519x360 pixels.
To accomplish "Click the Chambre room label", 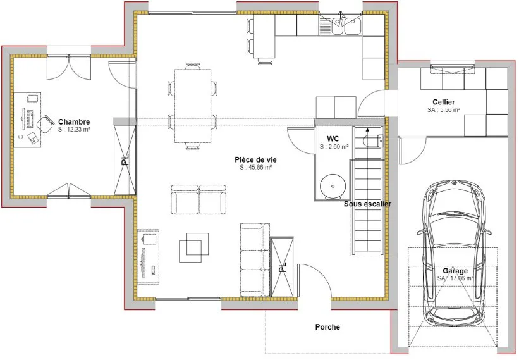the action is pos(74,122).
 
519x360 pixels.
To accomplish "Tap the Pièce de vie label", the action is pos(255,159).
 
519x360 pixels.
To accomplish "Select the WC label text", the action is pos(333,139).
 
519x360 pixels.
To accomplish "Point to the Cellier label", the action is pos(444,102).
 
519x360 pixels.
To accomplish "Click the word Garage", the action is pos(455,271).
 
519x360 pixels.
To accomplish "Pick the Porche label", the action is pos(327,327).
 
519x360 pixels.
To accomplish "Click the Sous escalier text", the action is pos(367,204).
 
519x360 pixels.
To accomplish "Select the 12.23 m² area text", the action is pos(78,130).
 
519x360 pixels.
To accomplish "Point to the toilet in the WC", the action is pos(373,140).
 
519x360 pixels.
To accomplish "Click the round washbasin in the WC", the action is pos(333,187).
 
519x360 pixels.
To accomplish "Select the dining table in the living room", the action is pos(193,106).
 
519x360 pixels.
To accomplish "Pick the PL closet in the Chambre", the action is pos(125,160).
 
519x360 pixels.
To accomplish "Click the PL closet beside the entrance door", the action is pos(282,267).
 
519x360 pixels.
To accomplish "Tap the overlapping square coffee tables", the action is pos(194,247).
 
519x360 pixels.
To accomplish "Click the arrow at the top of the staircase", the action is pos(367,130).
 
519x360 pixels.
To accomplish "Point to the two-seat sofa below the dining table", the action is pos(198,200).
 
